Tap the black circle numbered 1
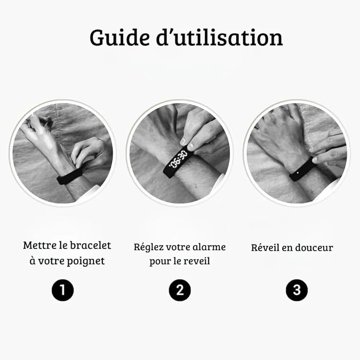pyautogui.click(x=63, y=290)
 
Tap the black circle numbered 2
pyautogui.click(x=180, y=290)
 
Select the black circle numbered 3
pyautogui.click(x=296, y=290)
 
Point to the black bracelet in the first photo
pyautogui.click(x=69, y=174)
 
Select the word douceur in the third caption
pyautogui.click(x=314, y=248)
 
